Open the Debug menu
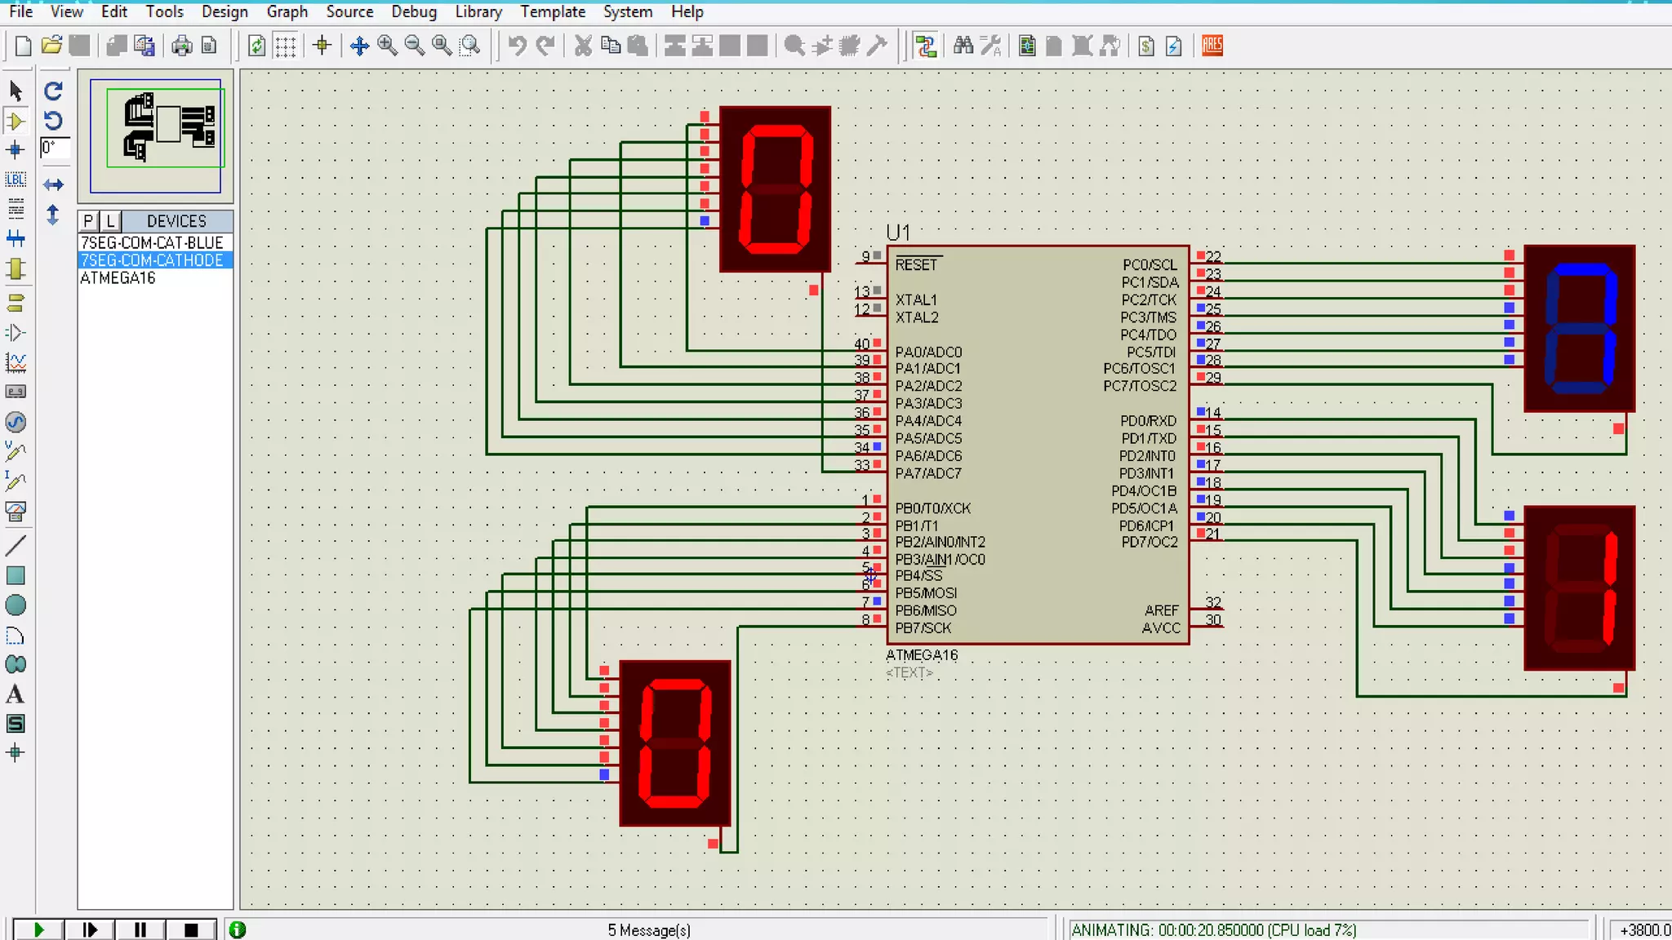pyautogui.click(x=414, y=11)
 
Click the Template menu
pyautogui.click(x=553, y=11)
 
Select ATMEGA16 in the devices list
pyautogui.click(x=118, y=277)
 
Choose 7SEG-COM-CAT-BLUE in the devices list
pyautogui.click(x=152, y=242)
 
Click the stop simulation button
pyautogui.click(x=191, y=929)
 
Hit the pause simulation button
pyautogui.click(x=140, y=929)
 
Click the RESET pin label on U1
pyautogui.click(x=916, y=264)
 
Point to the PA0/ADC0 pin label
pyautogui.click(x=928, y=352)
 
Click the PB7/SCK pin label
pyautogui.click(x=923, y=627)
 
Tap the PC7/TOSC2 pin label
pyautogui.click(x=1140, y=385)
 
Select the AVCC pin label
pyautogui.click(x=1161, y=627)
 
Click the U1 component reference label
pyautogui.click(x=898, y=233)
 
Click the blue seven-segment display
pyautogui.click(x=1579, y=328)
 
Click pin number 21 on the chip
pyautogui.click(x=1213, y=534)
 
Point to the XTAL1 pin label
pyautogui.click(x=916, y=299)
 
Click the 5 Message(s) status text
pyautogui.click(x=649, y=929)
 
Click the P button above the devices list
pyautogui.click(x=88, y=220)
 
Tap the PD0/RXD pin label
pyautogui.click(x=1148, y=420)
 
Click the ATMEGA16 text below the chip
pyautogui.click(x=922, y=654)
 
